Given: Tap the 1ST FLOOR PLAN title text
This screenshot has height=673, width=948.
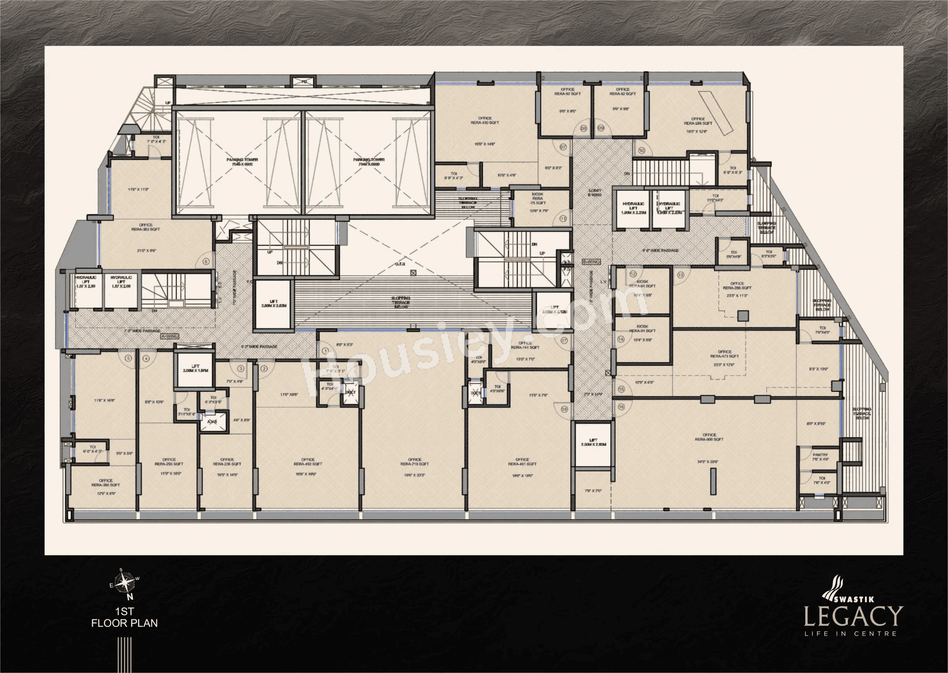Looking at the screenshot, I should point(124,617).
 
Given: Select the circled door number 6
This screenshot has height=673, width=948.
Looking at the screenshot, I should point(206,261).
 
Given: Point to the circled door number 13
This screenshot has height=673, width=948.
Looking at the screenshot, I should point(681,275).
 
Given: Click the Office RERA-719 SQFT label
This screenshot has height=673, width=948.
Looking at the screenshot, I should point(414,462).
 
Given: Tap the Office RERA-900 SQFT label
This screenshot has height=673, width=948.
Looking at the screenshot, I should point(709,437).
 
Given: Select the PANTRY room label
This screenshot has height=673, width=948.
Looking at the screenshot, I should point(820,454).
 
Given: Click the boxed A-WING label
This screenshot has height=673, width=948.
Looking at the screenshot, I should point(169,337).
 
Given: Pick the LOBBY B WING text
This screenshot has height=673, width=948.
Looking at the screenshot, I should point(594,193).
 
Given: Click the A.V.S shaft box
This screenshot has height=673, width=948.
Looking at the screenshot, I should point(213,422).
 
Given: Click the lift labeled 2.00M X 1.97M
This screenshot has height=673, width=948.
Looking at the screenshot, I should point(194,368).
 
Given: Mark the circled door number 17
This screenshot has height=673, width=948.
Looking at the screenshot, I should point(564,341).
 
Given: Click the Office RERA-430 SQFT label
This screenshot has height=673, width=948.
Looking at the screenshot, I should point(484,120).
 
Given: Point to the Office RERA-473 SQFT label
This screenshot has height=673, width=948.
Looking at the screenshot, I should point(725,354).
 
